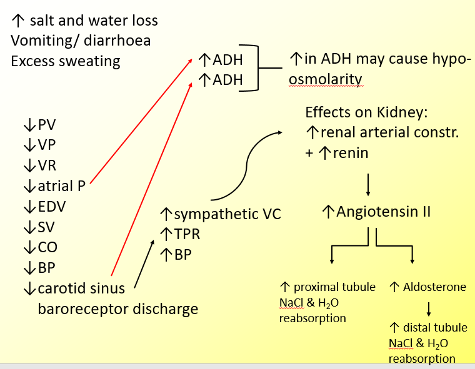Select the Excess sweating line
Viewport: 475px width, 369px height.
click(66, 61)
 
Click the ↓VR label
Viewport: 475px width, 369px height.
click(39, 166)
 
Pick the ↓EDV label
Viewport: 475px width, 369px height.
click(44, 207)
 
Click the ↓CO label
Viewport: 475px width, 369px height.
click(39, 248)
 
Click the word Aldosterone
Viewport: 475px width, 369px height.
click(435, 287)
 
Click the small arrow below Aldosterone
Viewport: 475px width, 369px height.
click(429, 308)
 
